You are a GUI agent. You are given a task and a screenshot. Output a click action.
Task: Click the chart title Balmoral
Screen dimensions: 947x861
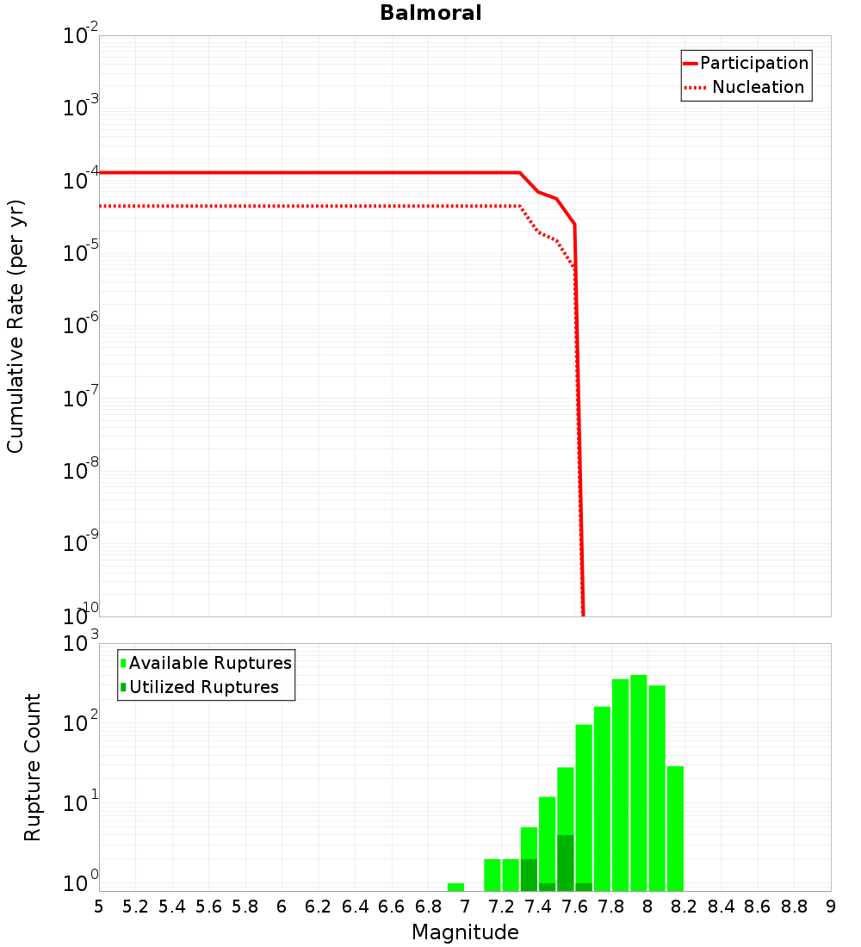coord(430,13)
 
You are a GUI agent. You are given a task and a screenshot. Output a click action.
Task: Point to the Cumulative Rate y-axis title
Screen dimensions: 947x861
coord(15,325)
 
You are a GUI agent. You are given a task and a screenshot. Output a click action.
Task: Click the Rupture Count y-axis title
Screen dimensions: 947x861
coord(32,767)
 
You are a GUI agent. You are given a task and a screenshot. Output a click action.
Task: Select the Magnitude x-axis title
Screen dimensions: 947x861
coord(465,932)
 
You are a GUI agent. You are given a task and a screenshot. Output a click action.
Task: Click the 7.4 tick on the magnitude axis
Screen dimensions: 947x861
coord(538,907)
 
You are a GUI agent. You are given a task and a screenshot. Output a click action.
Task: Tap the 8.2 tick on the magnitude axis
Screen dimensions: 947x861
coord(684,907)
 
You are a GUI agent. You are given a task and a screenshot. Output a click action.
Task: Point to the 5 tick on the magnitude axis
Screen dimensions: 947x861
coord(99,907)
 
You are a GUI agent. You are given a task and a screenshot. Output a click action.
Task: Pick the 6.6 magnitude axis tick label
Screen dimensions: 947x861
coord(392,907)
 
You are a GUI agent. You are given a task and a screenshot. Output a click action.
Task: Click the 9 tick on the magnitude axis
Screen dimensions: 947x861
coord(831,907)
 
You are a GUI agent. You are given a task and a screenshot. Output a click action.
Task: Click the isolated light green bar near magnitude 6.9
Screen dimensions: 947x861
coord(455,887)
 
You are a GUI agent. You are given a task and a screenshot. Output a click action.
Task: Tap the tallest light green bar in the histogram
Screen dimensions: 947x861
coord(639,783)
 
